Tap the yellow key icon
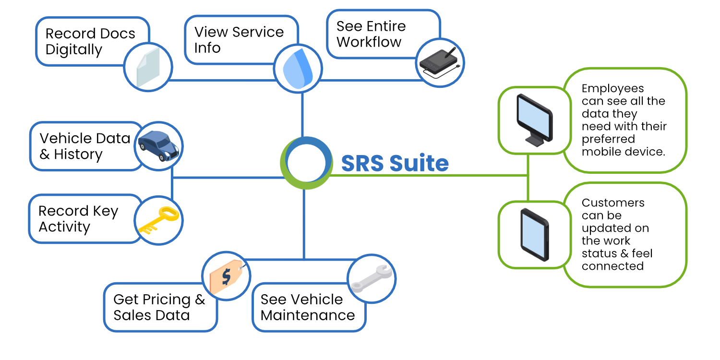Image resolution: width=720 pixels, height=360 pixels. tap(158, 220)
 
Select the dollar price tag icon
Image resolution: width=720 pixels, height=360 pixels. tap(226, 276)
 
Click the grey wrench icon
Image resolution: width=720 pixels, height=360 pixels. tap(372, 278)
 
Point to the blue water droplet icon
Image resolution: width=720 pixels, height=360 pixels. tap(298, 69)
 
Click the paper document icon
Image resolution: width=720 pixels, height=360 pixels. tap(148, 68)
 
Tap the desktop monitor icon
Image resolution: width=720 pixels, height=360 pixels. tap(535, 120)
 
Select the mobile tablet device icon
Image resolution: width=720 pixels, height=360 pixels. tap(535, 235)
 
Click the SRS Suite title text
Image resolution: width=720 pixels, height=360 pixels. tap(395, 163)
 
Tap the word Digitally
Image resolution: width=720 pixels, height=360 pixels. tap(73, 50)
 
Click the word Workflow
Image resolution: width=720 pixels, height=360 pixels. tap(369, 42)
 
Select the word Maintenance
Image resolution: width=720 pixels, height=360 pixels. tap(308, 315)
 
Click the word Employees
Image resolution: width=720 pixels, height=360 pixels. tap(612, 88)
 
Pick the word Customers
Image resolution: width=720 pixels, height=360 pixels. tap(613, 203)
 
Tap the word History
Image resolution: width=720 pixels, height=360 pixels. tap(78, 155)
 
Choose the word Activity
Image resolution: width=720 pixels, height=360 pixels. tap(64, 227)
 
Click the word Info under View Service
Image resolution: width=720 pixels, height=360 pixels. tap(207, 48)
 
